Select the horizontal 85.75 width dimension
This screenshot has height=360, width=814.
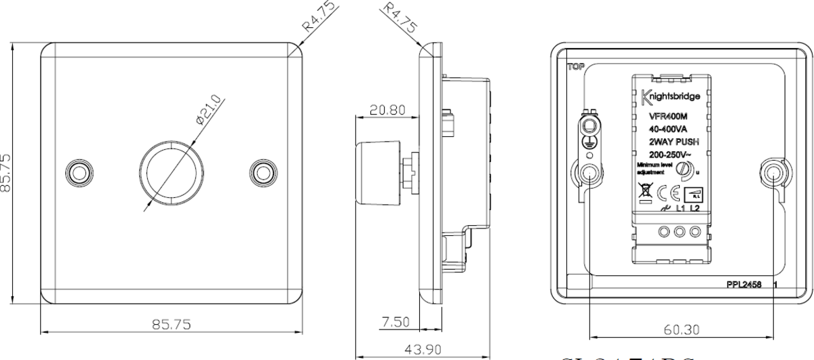coord(170,324)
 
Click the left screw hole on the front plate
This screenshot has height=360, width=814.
coord(79,172)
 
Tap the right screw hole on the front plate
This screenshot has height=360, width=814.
coord(262,172)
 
